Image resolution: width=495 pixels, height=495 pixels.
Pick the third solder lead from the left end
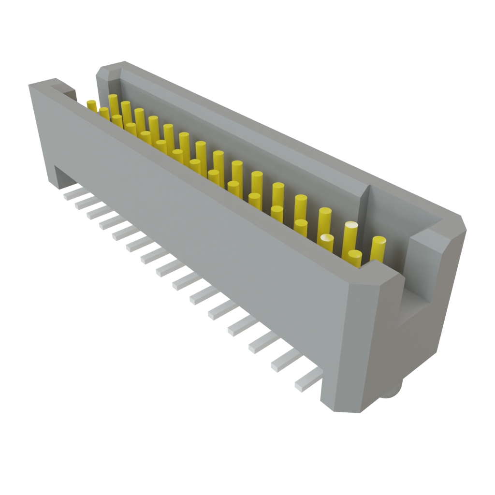pos(96,212)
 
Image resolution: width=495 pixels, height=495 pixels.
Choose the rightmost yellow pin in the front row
pos(355,259)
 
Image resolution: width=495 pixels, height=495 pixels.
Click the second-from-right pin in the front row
pos(327,243)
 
